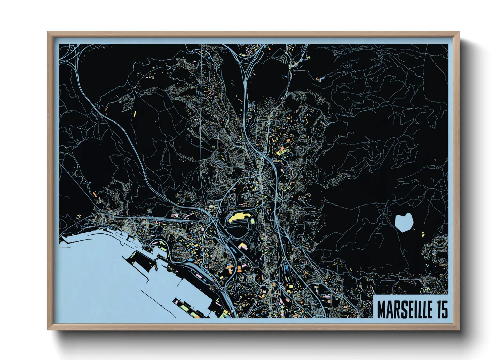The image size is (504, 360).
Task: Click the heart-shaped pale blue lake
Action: [x=404, y=222]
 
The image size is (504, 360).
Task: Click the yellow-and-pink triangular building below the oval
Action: [x=242, y=246]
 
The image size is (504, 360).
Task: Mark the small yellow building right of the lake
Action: [x=423, y=234]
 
